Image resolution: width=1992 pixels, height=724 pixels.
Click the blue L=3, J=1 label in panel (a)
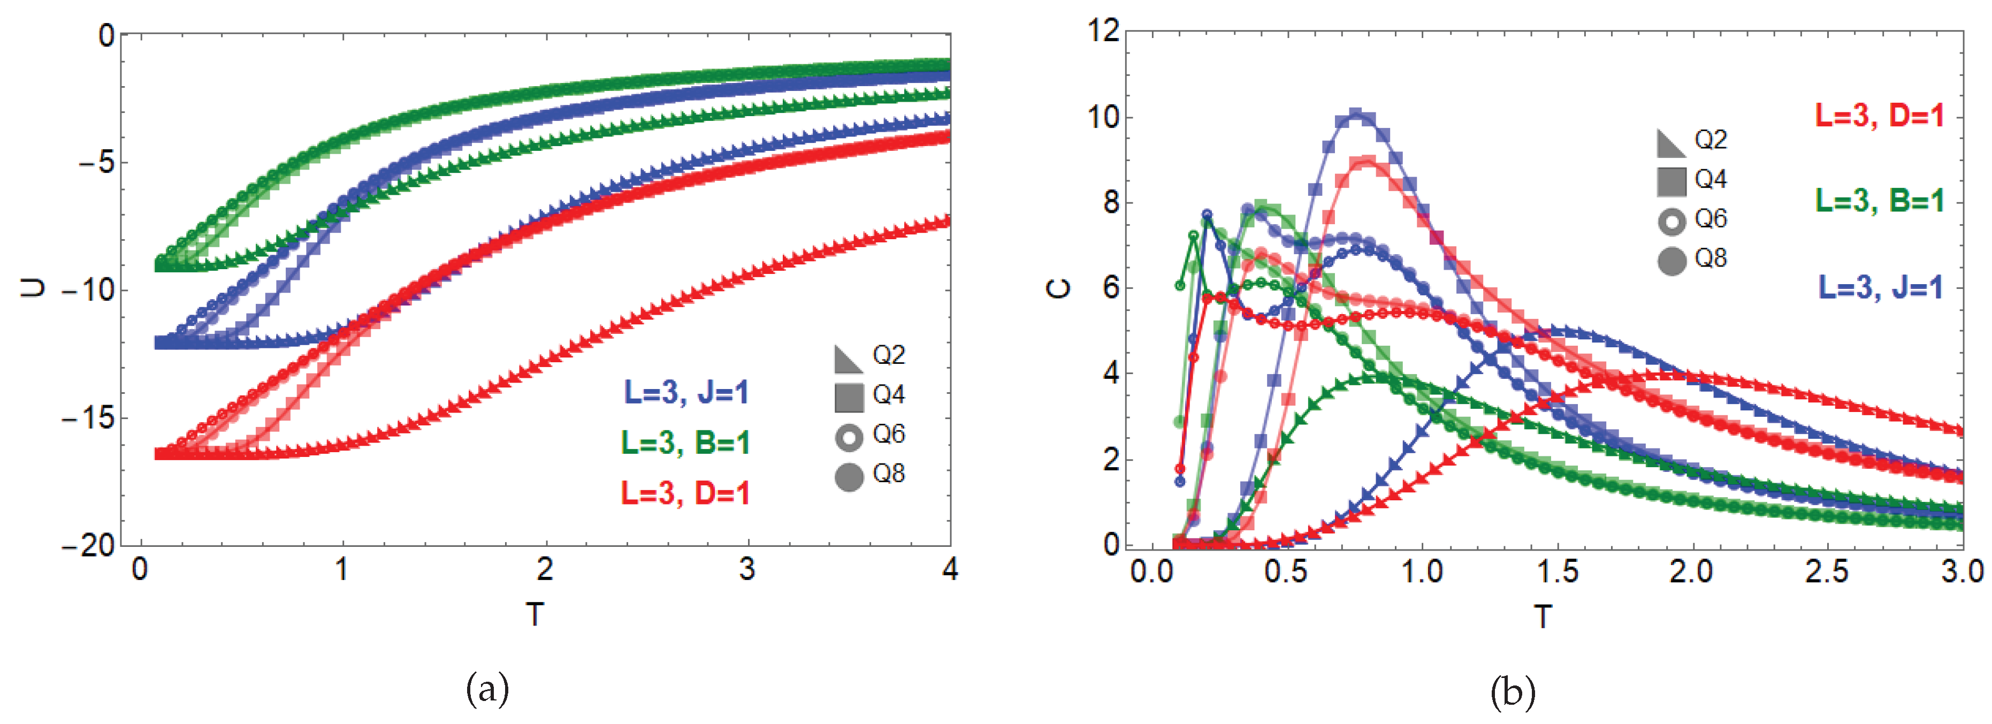click(x=685, y=392)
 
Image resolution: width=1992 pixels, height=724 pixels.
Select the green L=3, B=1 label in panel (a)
click(x=685, y=443)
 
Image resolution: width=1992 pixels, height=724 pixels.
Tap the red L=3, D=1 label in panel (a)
click(x=685, y=493)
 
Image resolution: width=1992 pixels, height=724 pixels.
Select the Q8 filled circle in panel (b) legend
click(x=1671, y=261)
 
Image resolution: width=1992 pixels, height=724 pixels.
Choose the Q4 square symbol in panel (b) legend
click(x=1671, y=181)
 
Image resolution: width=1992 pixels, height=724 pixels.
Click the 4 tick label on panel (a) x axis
click(x=950, y=569)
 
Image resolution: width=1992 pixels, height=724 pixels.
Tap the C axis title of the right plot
click(x=1059, y=288)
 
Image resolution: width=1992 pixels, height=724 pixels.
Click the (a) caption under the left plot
click(x=487, y=689)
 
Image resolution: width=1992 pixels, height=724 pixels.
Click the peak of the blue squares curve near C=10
click(x=1356, y=115)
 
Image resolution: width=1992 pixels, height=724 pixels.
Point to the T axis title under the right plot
click(x=1543, y=616)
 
